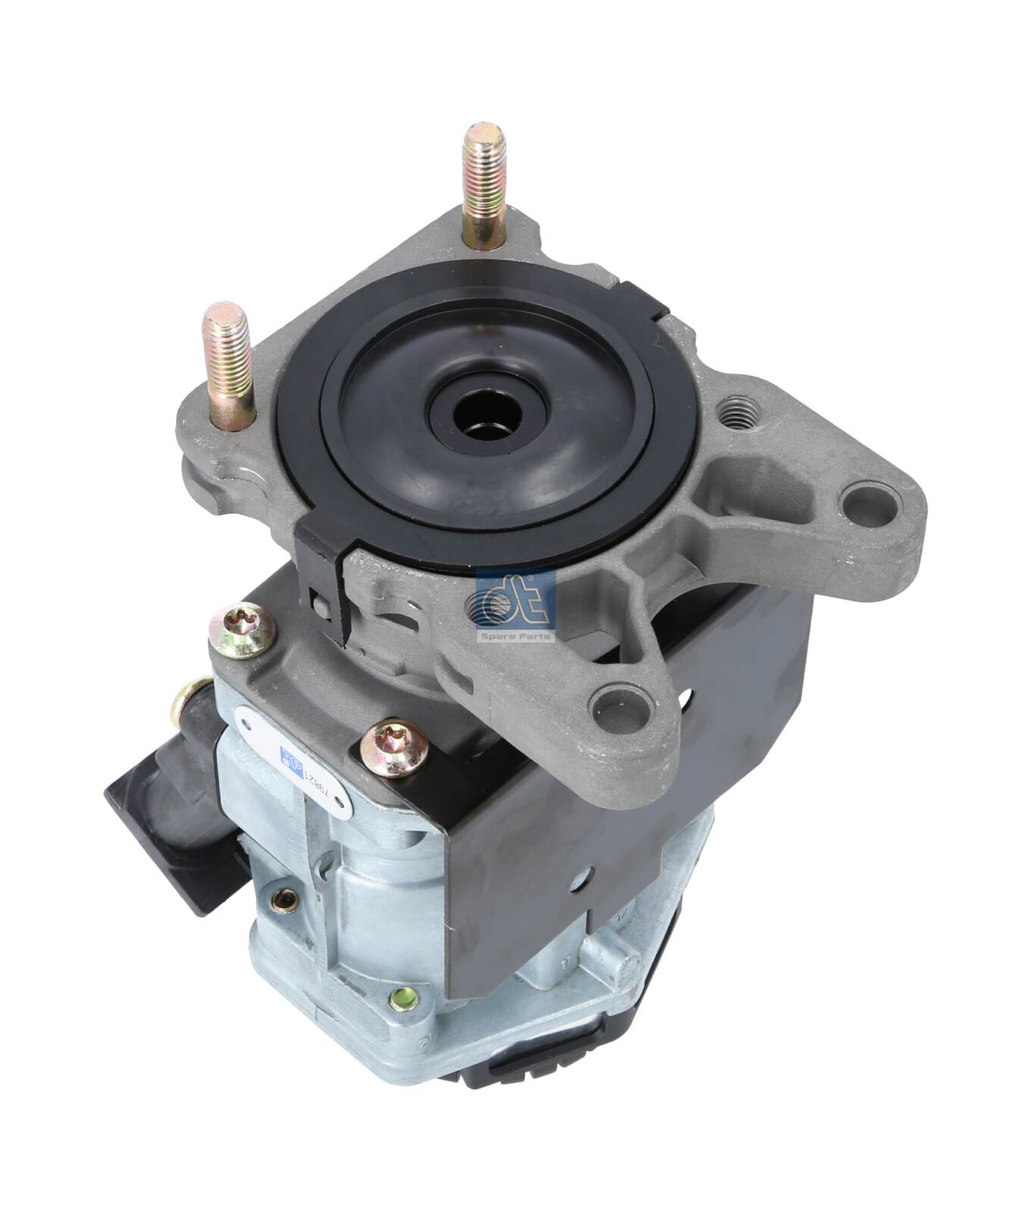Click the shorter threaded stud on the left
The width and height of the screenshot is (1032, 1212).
[227, 364]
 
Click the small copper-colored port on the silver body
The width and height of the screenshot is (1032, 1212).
[284, 898]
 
